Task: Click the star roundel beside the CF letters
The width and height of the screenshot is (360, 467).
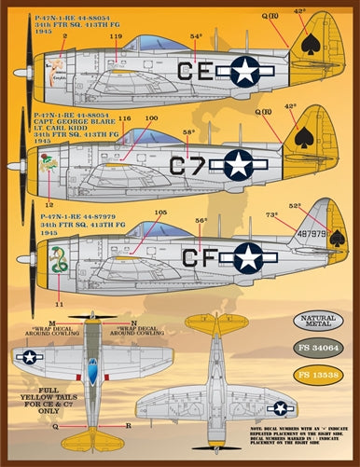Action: tap(248, 257)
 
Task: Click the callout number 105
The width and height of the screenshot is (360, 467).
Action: tap(159, 213)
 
